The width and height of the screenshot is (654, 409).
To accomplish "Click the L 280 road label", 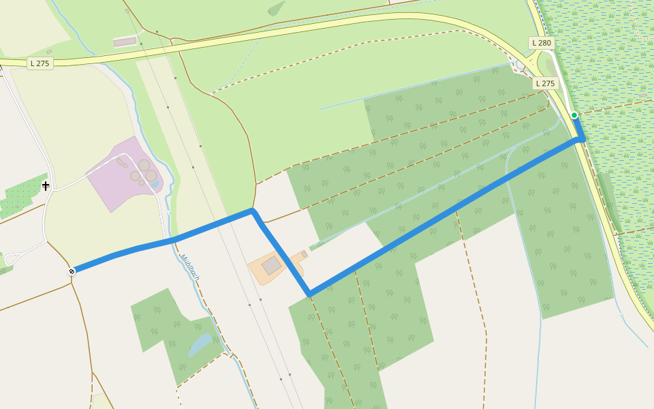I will (x=541, y=43).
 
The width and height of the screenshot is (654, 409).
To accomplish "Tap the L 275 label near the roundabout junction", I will (x=545, y=83).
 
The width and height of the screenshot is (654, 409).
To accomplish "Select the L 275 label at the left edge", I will (x=40, y=63).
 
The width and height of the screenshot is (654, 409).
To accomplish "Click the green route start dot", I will (x=574, y=115).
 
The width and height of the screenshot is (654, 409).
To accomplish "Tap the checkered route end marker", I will (x=72, y=271).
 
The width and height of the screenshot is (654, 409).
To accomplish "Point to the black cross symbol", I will (x=46, y=185).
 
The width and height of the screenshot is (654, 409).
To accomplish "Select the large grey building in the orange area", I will (x=272, y=265).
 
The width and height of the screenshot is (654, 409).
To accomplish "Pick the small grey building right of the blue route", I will (x=304, y=254).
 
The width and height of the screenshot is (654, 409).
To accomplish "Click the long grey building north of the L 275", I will (x=125, y=42).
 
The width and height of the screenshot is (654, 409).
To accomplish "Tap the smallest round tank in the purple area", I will (x=142, y=183).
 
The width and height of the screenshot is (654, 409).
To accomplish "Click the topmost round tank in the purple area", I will (x=144, y=165).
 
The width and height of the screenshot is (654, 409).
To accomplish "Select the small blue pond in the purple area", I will (x=155, y=184).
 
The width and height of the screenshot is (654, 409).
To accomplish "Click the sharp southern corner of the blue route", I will (x=309, y=294).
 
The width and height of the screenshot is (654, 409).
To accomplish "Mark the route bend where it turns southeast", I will (x=253, y=211).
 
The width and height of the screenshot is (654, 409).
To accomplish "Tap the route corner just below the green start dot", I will (x=581, y=138).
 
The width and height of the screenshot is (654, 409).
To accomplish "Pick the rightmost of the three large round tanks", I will (x=151, y=176).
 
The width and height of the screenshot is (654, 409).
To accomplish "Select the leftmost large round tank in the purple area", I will (x=135, y=176).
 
